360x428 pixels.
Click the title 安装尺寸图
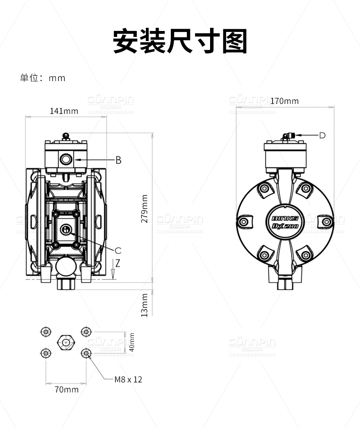tap(180, 41)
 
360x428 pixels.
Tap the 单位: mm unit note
tap(42, 78)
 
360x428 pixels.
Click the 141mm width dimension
tap(64, 111)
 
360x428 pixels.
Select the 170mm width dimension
tap(284, 101)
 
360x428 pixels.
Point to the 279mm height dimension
tap(144, 208)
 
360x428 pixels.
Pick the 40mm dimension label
tap(132, 342)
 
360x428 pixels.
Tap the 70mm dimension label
tap(67, 389)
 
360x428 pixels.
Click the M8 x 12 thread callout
tap(129, 379)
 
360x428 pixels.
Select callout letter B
tap(118, 160)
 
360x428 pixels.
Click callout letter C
tap(118, 250)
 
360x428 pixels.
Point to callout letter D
tap(322, 135)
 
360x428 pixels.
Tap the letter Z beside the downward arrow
tap(118, 263)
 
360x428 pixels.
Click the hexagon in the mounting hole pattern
tap(66, 342)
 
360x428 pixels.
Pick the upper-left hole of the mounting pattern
tap(46, 331)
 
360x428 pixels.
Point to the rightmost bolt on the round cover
tap(326, 222)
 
